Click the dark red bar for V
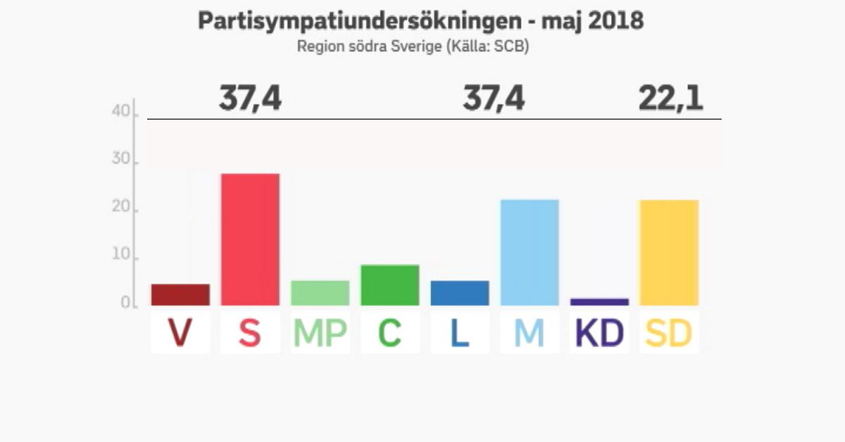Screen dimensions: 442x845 180,295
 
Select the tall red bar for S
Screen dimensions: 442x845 250,239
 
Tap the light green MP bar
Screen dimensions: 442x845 320,293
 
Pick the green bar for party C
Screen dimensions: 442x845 390,285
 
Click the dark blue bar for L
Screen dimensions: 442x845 460,293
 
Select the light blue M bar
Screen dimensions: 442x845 530,253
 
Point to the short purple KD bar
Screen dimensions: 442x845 599,302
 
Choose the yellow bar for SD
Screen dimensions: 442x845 669,253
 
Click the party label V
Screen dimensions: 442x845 180,334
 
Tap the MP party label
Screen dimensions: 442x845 320,334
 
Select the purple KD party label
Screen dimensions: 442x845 599,334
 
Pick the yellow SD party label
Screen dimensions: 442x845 669,334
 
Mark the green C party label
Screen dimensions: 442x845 390,334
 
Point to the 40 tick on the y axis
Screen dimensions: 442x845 120,112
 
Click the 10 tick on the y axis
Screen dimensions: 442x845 120,257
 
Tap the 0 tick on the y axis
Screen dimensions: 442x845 125,304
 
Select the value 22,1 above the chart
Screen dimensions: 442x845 670,99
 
